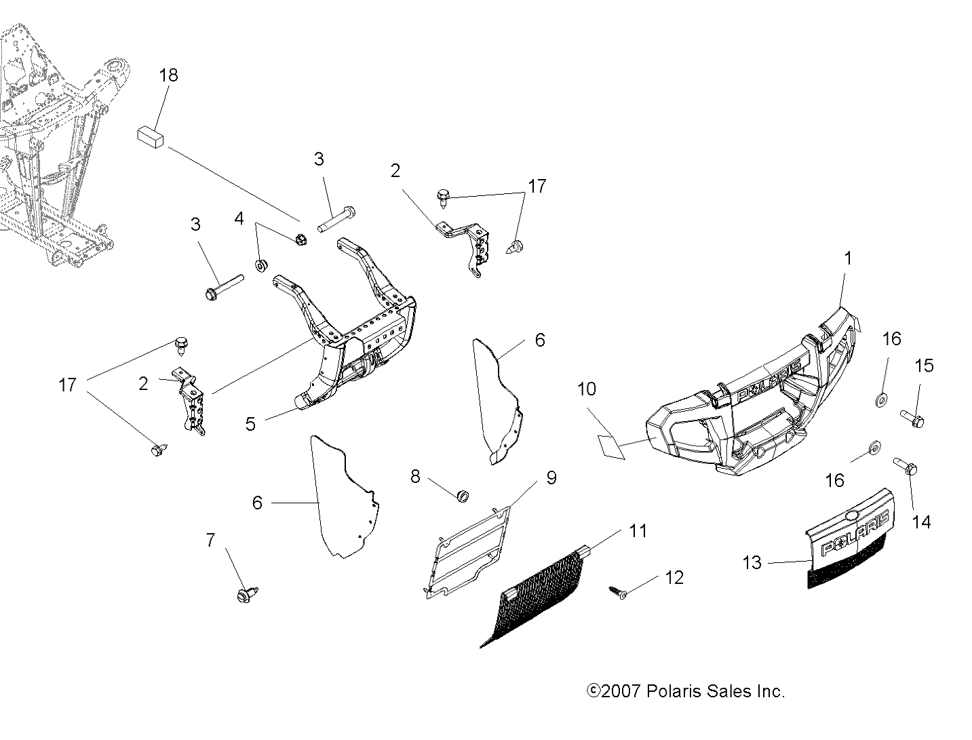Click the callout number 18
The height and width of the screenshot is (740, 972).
point(168,75)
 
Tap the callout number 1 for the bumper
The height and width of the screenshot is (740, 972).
point(847,258)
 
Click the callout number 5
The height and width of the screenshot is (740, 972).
point(251,425)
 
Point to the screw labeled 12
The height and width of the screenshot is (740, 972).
point(619,593)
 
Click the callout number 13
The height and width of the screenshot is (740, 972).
point(752,562)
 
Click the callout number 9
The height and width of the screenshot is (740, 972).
point(551,478)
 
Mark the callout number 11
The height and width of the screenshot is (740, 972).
point(638,530)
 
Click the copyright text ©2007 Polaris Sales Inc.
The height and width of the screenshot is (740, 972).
point(686,692)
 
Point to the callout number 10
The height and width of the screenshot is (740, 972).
point(587,389)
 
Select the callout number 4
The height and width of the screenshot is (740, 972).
point(239,219)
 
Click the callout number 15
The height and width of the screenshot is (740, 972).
point(924,366)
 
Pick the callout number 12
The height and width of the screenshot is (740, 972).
point(674,578)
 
